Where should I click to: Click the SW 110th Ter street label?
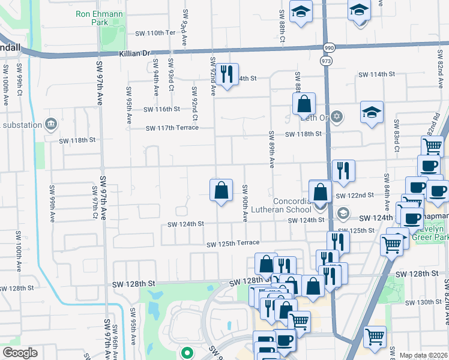[x=154, y=32]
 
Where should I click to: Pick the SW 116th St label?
[x=161, y=109]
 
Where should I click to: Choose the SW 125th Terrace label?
[x=233, y=243]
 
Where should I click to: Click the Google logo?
[x=20, y=353]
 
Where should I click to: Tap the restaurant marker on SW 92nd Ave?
[x=226, y=74]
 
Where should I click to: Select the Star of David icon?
[x=337, y=116]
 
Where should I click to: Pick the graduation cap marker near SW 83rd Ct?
[x=372, y=112]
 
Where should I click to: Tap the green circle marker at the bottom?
[x=187, y=353]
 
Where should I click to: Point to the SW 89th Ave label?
[x=271, y=149]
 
